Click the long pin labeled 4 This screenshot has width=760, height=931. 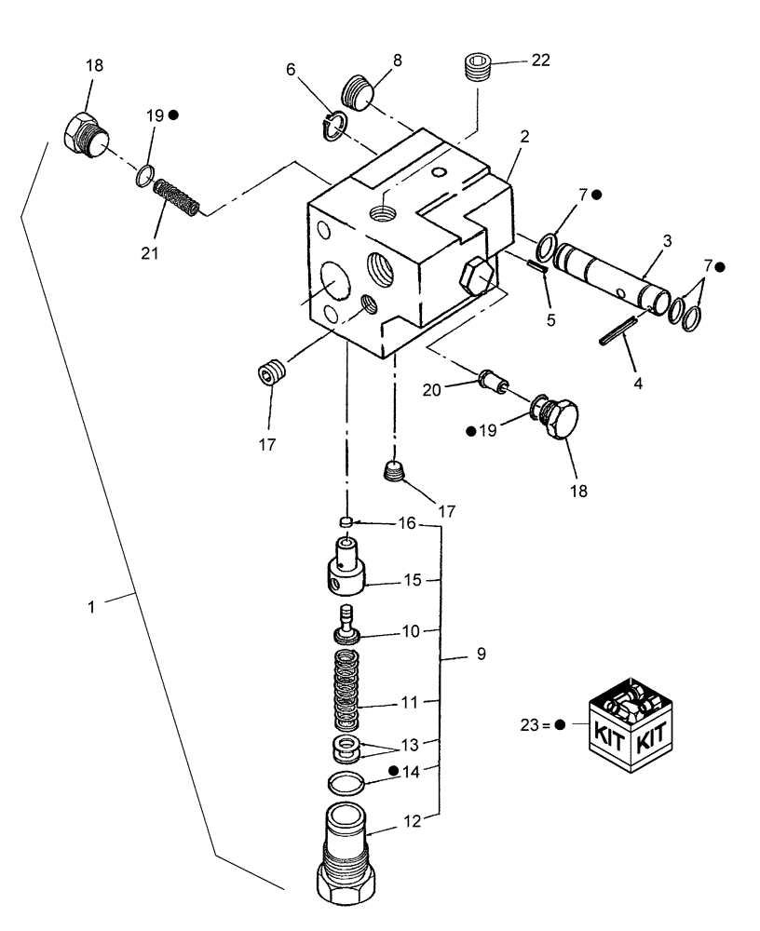(x=618, y=331)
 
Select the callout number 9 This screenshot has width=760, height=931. (x=481, y=654)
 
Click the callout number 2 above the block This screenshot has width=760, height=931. (x=524, y=136)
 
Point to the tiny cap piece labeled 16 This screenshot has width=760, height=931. (x=346, y=522)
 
